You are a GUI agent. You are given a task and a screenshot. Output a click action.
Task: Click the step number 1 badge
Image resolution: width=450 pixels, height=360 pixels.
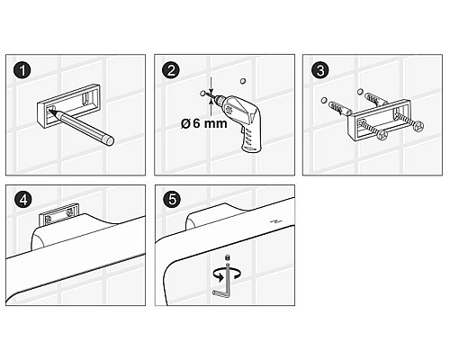pyautogui.click(x=22, y=71)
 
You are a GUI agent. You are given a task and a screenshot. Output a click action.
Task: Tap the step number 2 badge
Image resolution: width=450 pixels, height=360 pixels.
pyautogui.click(x=171, y=71)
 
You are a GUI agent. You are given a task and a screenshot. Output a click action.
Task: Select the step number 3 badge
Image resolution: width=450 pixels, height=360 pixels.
pyautogui.click(x=320, y=71)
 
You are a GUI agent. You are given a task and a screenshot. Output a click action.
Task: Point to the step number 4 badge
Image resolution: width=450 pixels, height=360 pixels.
pyautogui.click(x=23, y=200)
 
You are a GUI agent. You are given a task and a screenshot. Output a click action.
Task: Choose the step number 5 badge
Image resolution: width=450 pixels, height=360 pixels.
pyautogui.click(x=172, y=200)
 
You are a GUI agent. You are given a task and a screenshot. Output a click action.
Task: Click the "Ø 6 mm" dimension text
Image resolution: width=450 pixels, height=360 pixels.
pyautogui.click(x=203, y=123)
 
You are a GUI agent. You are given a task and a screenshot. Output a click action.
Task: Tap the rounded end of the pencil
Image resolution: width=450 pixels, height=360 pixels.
pyautogui.click(x=109, y=141)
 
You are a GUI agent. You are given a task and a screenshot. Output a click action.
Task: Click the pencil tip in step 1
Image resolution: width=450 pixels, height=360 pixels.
pyautogui.click(x=49, y=111)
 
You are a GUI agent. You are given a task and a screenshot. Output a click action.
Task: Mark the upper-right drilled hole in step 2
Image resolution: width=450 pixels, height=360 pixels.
pyautogui.click(x=243, y=81)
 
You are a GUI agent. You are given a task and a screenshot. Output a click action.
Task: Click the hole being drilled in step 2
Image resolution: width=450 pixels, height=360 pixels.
pyautogui.click(x=202, y=94)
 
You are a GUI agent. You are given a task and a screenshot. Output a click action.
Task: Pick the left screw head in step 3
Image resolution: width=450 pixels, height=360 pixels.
pyautogui.click(x=382, y=135)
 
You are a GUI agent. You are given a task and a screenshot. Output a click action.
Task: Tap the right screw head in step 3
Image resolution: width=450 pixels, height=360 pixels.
pyautogui.click(x=418, y=126)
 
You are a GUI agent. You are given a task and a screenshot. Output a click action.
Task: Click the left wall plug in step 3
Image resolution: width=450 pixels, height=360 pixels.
pyautogui.click(x=339, y=109)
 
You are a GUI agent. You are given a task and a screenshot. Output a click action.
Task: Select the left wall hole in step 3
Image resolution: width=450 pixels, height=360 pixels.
pyautogui.click(x=324, y=101)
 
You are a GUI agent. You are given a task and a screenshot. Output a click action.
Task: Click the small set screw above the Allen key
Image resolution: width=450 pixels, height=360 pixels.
pyautogui.click(x=228, y=257)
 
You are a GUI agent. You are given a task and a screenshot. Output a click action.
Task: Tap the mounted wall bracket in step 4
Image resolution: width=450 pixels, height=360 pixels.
pyautogui.click(x=59, y=214)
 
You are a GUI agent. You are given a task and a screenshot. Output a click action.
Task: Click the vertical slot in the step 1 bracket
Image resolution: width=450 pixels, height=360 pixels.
pyautogui.click(x=86, y=99)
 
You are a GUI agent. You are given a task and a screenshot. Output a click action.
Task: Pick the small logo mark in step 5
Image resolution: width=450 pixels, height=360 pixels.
pyautogui.click(x=276, y=221)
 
